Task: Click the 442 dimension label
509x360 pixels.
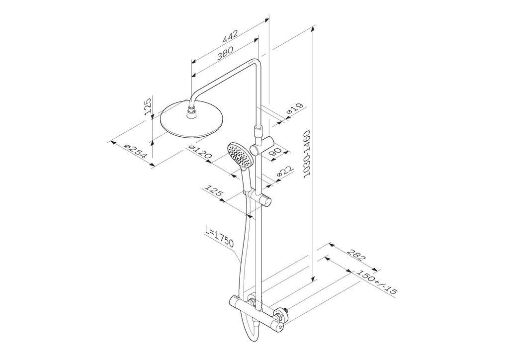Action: point(230,36)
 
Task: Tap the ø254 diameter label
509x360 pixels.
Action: point(136,151)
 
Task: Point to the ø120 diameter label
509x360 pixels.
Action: point(200,153)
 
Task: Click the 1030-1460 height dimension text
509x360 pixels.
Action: point(307,154)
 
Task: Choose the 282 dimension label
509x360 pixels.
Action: point(356,255)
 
